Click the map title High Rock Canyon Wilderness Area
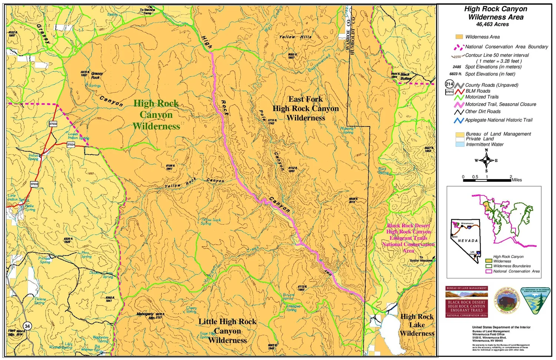tap(496, 13)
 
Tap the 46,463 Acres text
tap(492, 24)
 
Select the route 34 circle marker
tap(28, 326)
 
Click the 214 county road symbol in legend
tap(449, 84)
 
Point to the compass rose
tap(486, 161)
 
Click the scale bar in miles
tap(487, 180)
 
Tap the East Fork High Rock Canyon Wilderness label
tap(306, 109)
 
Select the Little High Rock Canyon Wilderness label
tap(227, 331)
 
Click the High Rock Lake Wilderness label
tap(417, 325)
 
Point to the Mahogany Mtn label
tap(145, 316)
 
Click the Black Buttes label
tap(406, 76)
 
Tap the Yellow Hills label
tap(295, 37)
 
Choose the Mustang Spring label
tap(347, 131)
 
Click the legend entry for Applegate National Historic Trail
tap(499, 120)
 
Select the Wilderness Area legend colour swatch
tap(459, 37)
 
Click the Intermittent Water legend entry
tap(484, 145)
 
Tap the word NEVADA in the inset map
tap(468, 241)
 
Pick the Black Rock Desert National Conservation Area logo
tap(466, 302)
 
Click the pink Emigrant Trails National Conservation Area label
tap(408, 238)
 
